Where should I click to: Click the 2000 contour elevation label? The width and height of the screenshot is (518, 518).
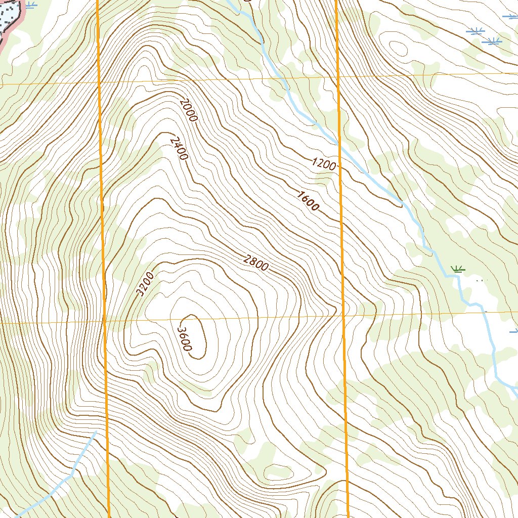click(x=188, y=109)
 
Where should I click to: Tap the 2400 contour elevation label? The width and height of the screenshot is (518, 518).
click(x=179, y=148)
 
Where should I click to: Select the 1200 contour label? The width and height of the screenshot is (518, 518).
click(x=324, y=164)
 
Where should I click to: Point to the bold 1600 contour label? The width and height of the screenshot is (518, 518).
click(x=308, y=201)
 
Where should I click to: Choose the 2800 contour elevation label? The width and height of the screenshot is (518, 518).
click(x=256, y=264)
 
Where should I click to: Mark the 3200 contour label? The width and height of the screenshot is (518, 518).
click(x=145, y=284)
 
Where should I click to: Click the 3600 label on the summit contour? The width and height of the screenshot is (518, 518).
click(x=184, y=338)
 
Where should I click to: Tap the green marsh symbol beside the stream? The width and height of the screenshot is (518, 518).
click(x=458, y=268)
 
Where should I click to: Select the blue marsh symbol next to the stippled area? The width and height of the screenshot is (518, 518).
click(x=31, y=6)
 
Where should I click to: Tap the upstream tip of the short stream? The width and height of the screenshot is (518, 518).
click(x=96, y=431)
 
